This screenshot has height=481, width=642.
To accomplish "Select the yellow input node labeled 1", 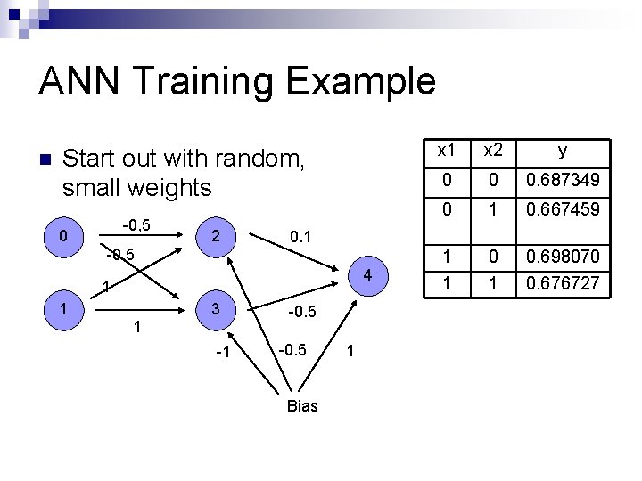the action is coord(62,307).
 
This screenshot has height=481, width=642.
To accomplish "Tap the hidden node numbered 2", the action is coord(215,237).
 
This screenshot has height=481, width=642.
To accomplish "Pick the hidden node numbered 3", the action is coord(215,308).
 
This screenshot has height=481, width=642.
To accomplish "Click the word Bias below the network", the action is coord(302,406).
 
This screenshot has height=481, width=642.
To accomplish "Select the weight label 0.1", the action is coord(301,237).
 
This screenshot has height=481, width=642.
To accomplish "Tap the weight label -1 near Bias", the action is coord(223,353).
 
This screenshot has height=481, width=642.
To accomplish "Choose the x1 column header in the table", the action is coord(445,151).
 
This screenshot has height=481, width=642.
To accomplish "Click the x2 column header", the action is coord(492,151).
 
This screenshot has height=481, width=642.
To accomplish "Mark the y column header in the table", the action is coord(563,151).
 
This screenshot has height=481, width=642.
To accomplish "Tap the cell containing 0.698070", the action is coord(563,257).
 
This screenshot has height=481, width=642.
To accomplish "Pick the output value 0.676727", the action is coord(563,284).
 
